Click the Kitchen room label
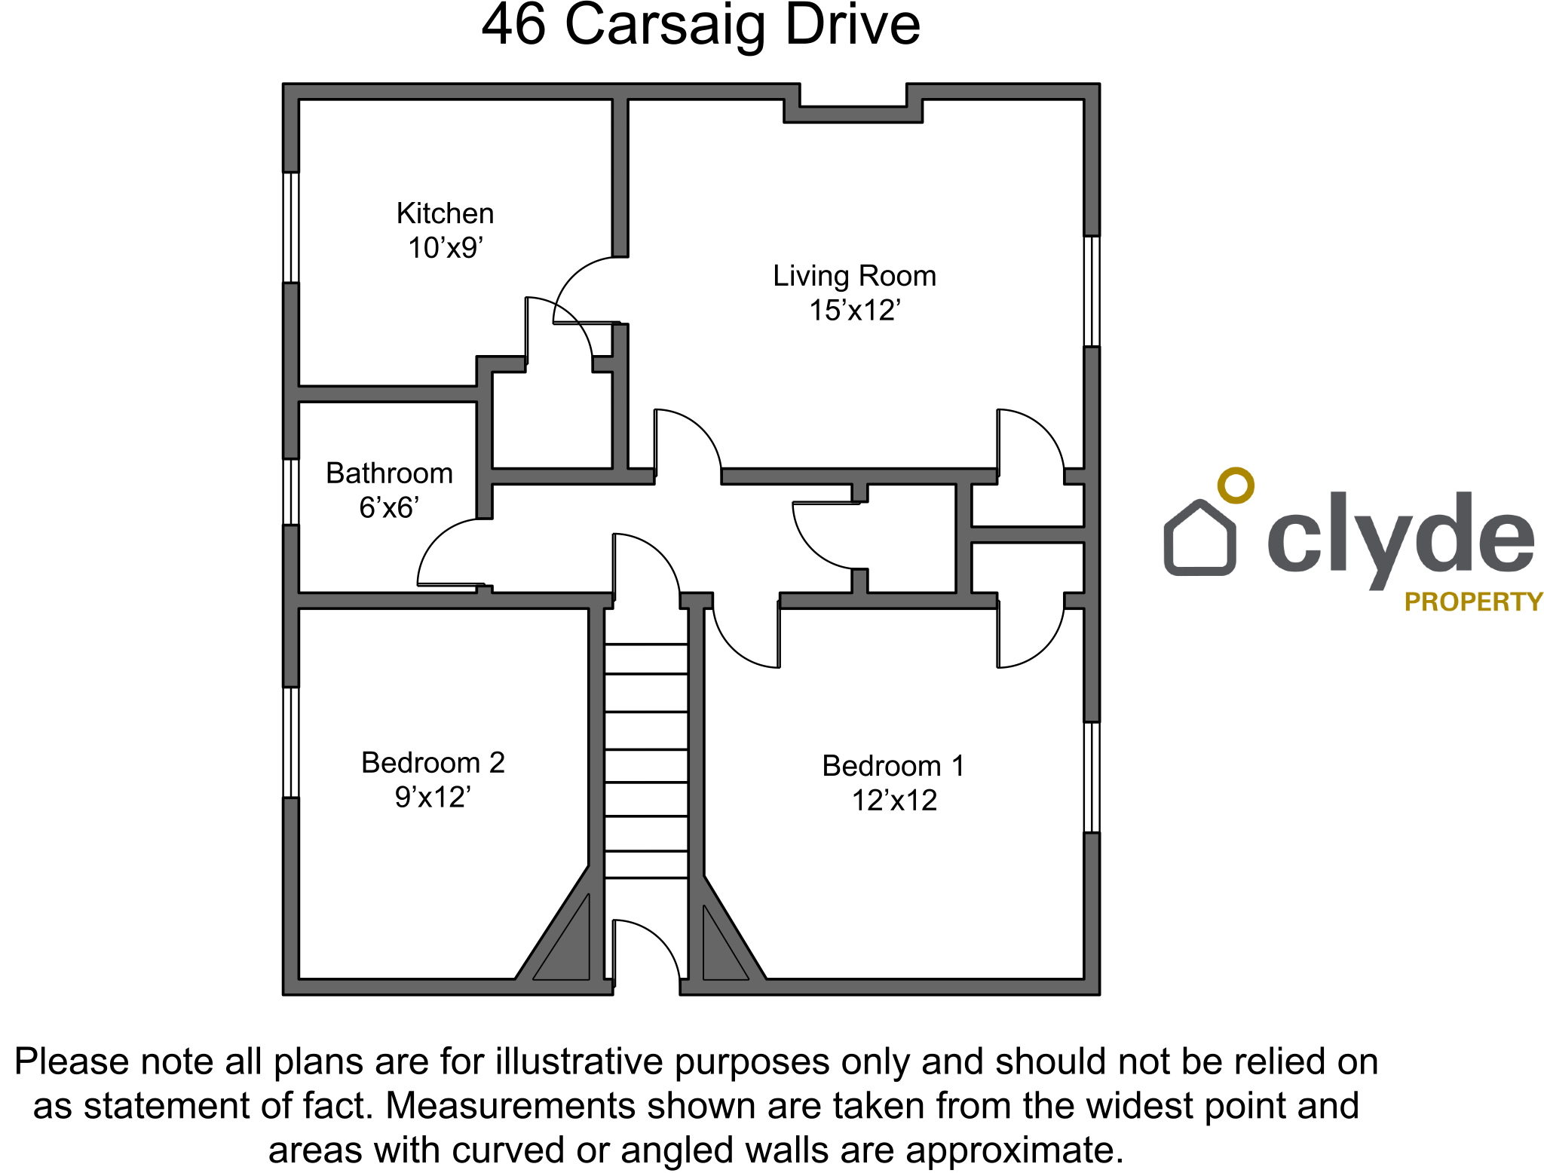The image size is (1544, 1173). coord(445,213)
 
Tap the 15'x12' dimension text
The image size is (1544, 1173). coord(855,310)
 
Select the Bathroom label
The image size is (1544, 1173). coord(389,473)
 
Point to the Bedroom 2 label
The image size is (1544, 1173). coord(433,762)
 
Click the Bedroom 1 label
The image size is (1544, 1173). coord(893,766)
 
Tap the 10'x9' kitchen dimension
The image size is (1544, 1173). coord(446,248)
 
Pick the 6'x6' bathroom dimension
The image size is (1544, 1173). coord(389,507)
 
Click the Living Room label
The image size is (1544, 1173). coord(855,277)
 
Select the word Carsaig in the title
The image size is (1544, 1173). coord(664,25)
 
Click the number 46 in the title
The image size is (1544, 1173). coord(513,25)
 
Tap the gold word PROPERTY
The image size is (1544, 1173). coord(1474,602)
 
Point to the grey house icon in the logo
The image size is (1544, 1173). coord(1199,537)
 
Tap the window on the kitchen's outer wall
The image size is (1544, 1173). coord(291,228)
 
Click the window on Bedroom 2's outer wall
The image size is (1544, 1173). coord(291,743)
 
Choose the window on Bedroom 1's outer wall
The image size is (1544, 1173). coord(1092,777)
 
